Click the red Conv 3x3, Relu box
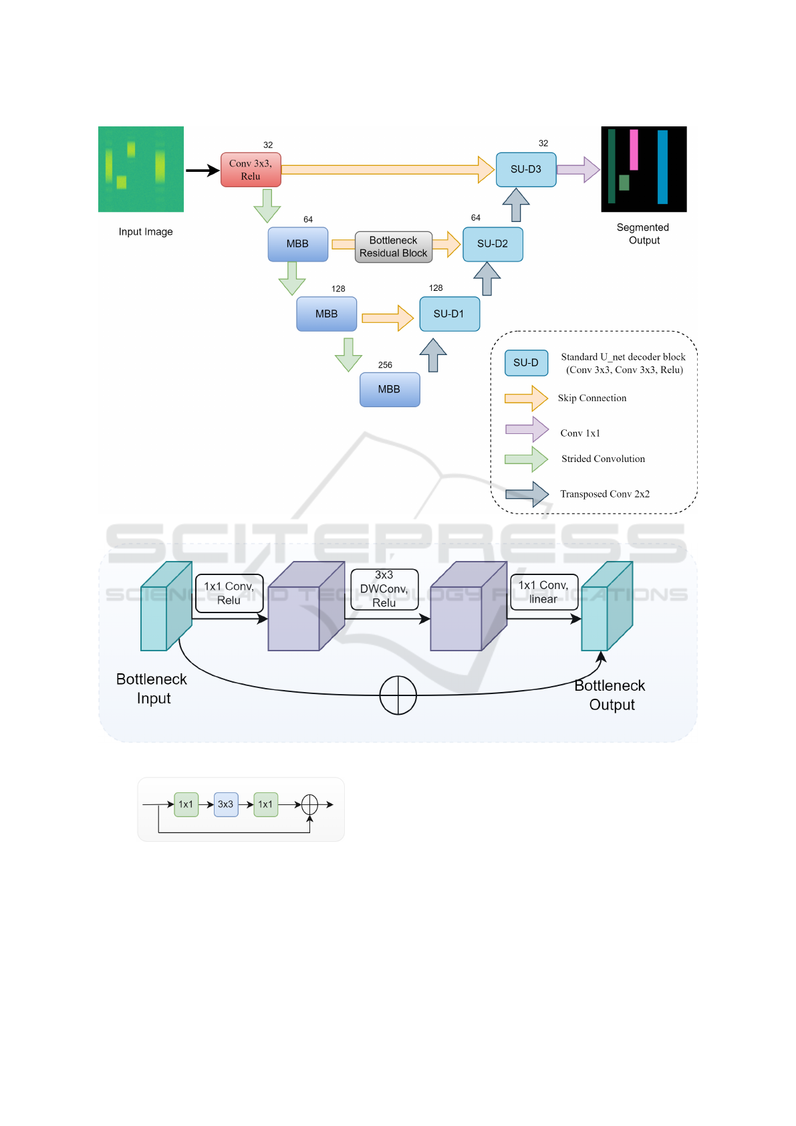point(251,170)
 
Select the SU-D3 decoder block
point(525,170)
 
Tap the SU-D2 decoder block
point(493,244)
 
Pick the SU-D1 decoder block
point(449,314)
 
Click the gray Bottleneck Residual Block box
point(394,247)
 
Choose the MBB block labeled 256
point(390,390)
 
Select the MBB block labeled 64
point(297,244)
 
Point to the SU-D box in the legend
point(526,363)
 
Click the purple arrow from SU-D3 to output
point(578,170)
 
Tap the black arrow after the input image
point(203,171)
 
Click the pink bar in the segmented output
point(634,150)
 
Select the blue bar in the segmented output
point(662,167)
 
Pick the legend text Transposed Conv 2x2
point(605,494)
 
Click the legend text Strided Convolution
point(603,459)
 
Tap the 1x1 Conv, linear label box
point(544,592)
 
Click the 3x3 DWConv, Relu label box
point(384,589)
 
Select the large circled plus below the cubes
point(398,695)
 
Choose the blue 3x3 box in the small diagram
point(226,805)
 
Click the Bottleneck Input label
point(152,689)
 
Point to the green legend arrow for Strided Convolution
point(526,459)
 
